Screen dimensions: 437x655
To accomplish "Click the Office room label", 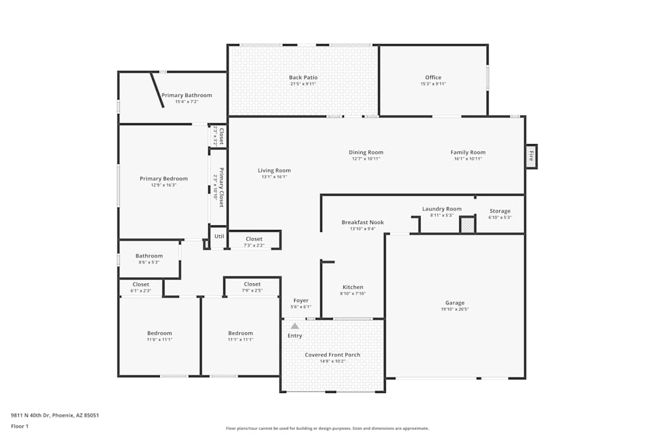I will coord(433,77).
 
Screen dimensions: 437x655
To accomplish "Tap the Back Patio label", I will coord(303,77).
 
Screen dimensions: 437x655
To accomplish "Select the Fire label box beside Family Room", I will coord(531,157).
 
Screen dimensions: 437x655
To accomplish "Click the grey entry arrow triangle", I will coord(295,326).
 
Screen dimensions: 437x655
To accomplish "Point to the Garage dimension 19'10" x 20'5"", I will coord(455,309).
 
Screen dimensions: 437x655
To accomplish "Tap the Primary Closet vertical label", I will coord(221,187).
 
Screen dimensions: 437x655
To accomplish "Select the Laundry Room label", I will coord(441,209).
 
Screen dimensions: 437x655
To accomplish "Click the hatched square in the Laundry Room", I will coord(467,225).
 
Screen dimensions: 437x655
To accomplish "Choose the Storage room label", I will coord(500,211).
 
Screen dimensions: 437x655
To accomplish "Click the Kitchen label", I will coord(353,287).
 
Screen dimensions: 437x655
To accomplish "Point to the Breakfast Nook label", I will coord(362,222).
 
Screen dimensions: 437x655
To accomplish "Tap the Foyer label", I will coord(301,301).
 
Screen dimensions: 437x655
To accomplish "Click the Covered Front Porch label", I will coord(332,355).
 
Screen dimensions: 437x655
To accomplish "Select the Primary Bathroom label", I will coord(187,95).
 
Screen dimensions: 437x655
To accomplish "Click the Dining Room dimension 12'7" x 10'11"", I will coord(365,159).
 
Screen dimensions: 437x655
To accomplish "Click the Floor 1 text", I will coord(20,426).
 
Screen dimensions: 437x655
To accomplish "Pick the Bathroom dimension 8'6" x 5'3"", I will coord(149,262).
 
